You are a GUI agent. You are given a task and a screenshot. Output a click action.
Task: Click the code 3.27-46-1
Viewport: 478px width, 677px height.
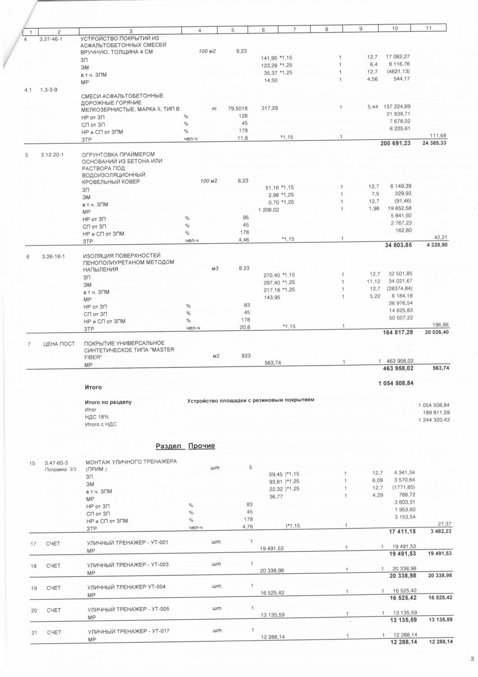click(x=51, y=39)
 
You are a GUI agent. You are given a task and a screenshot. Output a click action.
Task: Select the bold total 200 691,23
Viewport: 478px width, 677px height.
click(x=395, y=144)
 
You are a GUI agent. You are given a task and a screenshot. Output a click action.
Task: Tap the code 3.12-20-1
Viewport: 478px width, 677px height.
click(x=52, y=155)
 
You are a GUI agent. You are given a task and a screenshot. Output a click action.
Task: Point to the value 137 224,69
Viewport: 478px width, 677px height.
click(x=397, y=107)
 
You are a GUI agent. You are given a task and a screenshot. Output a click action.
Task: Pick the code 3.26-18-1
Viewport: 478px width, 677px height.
click(x=53, y=257)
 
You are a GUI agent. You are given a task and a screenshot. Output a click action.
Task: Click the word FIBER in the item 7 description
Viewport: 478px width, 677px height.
click(x=93, y=357)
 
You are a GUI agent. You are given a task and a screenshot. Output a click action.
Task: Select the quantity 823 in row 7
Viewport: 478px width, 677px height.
click(x=246, y=356)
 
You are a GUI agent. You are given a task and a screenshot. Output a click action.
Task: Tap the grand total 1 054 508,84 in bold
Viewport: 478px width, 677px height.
click(x=396, y=383)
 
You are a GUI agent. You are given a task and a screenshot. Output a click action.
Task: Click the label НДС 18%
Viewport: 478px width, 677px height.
click(x=97, y=417)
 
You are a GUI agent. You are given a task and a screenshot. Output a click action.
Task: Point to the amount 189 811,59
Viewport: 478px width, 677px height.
click(x=436, y=413)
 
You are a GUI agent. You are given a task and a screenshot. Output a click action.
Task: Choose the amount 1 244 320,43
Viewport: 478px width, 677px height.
click(x=434, y=420)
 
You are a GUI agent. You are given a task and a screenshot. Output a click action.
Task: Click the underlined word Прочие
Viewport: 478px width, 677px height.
click(x=202, y=446)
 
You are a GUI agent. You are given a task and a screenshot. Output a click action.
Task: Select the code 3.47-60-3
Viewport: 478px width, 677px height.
click(x=56, y=463)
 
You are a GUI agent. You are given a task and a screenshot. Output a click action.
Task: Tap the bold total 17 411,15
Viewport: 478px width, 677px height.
click(x=402, y=532)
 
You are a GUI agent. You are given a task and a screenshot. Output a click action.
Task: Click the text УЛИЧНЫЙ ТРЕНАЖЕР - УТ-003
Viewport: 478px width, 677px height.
click(x=128, y=565)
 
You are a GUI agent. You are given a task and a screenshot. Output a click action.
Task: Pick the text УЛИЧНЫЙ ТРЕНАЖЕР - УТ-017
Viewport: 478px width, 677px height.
click(x=129, y=631)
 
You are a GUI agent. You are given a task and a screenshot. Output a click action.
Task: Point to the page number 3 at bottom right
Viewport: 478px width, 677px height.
click(x=472, y=659)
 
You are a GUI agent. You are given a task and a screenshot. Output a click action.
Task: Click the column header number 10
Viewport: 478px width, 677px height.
click(x=395, y=28)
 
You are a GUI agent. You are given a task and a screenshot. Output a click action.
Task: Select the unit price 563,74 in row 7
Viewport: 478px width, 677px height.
click(x=272, y=363)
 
